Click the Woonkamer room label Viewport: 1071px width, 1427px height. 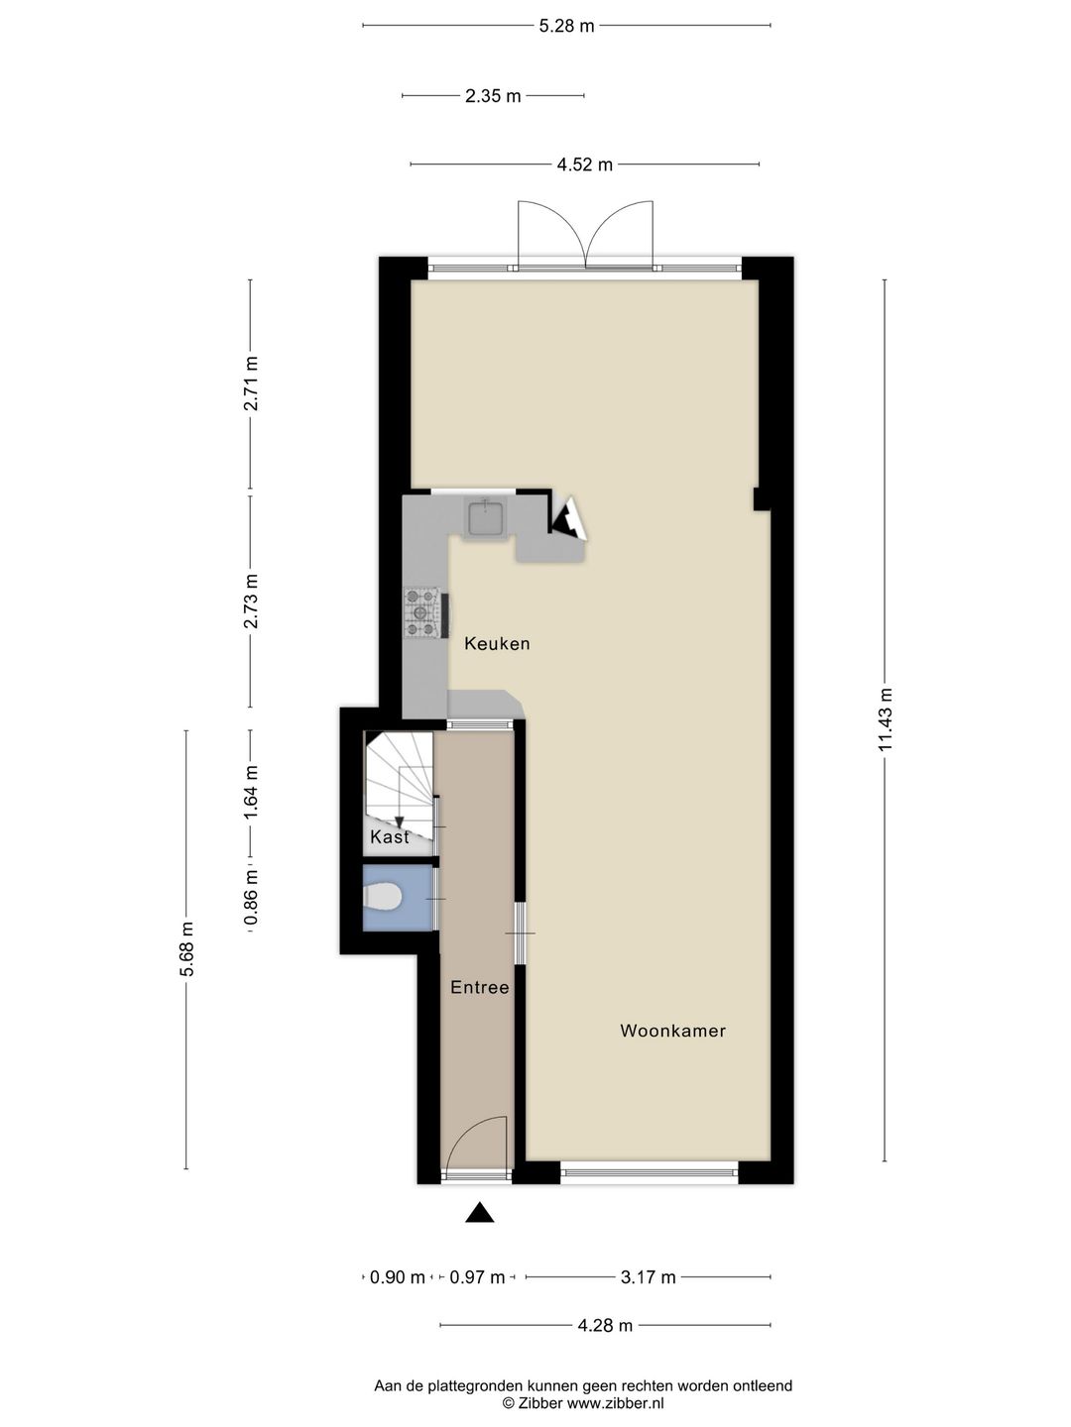coord(672,1031)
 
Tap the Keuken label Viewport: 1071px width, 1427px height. coord(497,644)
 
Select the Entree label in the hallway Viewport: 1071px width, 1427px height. coord(479,987)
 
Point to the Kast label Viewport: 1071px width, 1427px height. coord(389,837)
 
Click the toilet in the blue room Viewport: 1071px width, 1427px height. coord(383,898)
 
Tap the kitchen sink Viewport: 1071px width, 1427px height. coord(486,517)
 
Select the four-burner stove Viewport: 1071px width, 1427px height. coord(420,612)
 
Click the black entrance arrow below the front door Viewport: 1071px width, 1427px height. coord(480,1212)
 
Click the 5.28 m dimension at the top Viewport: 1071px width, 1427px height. coord(566,26)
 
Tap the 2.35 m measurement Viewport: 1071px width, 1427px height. coord(493,96)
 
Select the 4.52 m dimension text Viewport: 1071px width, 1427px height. coord(584,165)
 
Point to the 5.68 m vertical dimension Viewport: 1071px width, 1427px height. coord(186,949)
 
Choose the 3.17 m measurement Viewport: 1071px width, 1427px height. coord(648,1277)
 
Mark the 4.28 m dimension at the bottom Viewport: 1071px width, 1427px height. coord(605,1325)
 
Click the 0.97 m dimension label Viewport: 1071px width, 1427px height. coord(477,1277)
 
